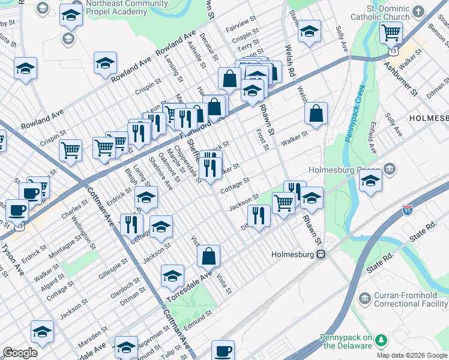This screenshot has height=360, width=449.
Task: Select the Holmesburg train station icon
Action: coord(321,254)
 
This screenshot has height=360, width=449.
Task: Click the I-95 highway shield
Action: coord(408,209)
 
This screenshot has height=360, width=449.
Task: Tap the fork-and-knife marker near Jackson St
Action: coord(259,215)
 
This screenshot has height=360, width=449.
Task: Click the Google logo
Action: coord(20,353)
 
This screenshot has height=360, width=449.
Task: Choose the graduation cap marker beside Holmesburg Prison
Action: coord(371,181)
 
